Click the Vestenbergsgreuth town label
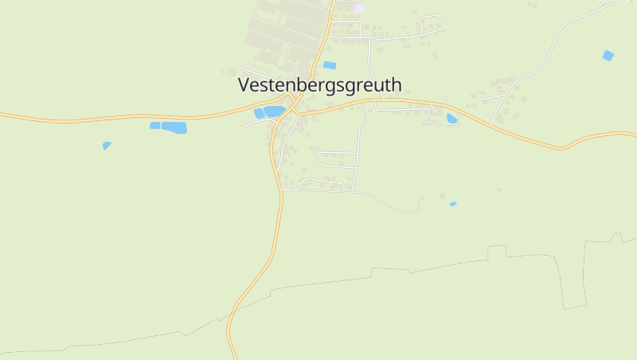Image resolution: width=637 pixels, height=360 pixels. (x=320, y=85)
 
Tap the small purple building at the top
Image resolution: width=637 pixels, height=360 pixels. (x=358, y=8)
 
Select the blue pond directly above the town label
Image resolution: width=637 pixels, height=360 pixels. (x=330, y=65)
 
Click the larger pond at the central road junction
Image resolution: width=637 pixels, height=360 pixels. (x=275, y=112)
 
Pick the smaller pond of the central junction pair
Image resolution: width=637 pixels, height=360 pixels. (x=260, y=114)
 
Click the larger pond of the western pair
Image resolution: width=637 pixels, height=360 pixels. (x=174, y=127)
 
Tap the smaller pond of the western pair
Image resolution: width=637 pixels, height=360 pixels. (x=154, y=125)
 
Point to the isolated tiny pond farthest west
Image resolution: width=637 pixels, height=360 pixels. (x=107, y=146)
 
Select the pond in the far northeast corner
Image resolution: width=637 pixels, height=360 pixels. (x=608, y=56)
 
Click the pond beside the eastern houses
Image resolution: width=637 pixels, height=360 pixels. (x=451, y=119)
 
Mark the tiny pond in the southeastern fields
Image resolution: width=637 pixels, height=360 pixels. (x=453, y=205)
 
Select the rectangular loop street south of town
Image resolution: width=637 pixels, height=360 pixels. (x=338, y=158)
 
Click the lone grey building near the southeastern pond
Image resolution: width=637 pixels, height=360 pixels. (x=499, y=190)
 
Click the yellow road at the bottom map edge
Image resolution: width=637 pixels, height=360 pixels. (x=234, y=355)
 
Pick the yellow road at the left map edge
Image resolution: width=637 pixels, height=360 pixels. (x=4, y=115)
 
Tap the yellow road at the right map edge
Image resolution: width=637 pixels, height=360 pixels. (x=632, y=133)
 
